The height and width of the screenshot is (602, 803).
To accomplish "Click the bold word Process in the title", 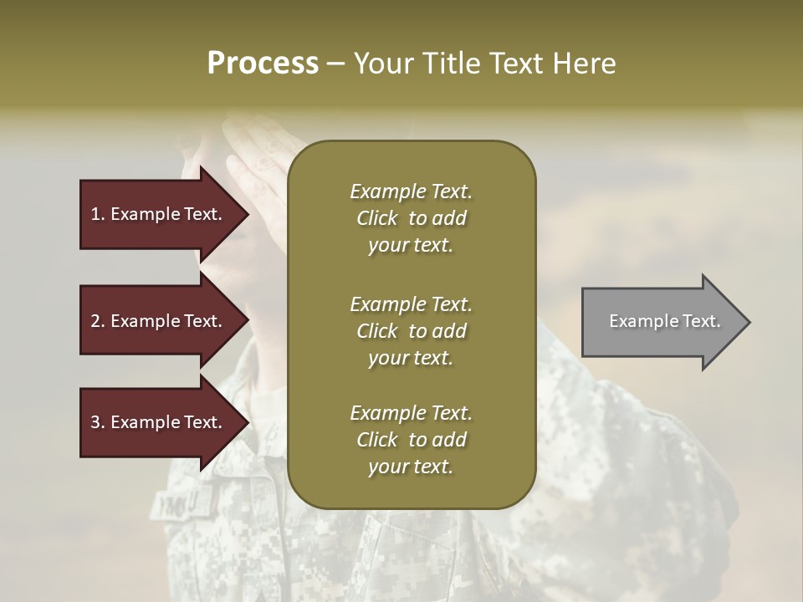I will [263, 64].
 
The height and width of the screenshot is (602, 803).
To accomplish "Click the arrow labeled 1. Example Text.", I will [159, 214].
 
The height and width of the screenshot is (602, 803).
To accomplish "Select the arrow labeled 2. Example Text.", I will [159, 321].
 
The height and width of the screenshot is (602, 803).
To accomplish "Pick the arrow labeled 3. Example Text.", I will [159, 422].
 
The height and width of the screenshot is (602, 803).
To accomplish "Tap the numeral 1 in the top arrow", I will [95, 214].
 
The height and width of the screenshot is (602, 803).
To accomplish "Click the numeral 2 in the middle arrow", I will [95, 321].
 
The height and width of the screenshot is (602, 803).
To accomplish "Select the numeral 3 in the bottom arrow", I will [95, 422].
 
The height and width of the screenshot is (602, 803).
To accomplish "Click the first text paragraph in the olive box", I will [411, 218].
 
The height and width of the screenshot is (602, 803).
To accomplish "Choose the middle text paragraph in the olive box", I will [411, 330].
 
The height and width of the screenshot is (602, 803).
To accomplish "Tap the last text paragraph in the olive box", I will [411, 440].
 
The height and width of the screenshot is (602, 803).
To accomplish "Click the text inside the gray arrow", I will [664, 321].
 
